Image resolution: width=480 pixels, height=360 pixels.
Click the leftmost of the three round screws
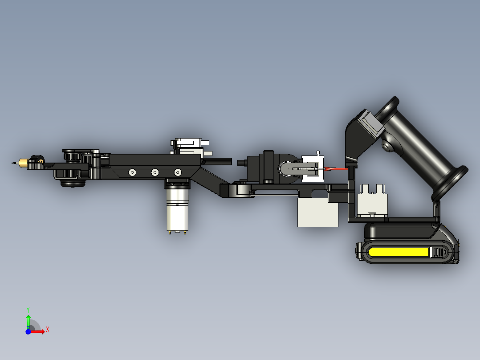132,172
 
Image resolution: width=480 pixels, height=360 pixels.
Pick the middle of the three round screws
155,172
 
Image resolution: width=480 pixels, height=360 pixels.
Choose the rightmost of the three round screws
178,172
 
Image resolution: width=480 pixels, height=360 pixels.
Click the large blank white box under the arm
317,213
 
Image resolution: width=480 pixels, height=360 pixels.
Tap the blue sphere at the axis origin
28,331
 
